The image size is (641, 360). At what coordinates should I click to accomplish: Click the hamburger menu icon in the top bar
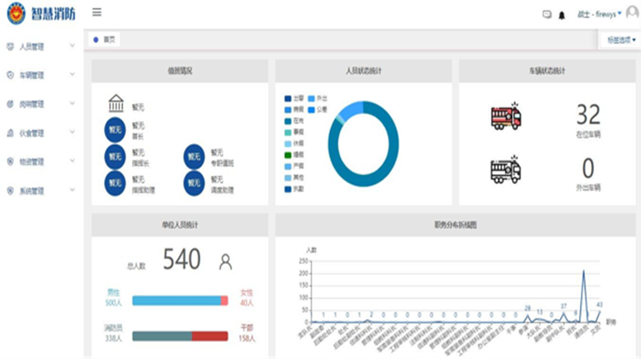pyautogui.click(x=97, y=12)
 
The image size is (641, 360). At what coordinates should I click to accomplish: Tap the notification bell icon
pyautogui.click(x=562, y=15)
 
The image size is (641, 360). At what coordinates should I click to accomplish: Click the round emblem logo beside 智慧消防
pyautogui.click(x=17, y=14)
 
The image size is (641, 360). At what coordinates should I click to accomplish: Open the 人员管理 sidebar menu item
pyautogui.click(x=32, y=46)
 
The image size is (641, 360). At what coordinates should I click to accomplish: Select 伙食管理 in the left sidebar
pyautogui.click(x=32, y=133)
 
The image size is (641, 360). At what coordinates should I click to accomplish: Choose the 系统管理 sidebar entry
pyautogui.click(x=32, y=191)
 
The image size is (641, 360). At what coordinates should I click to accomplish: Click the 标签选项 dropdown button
pyautogui.click(x=620, y=40)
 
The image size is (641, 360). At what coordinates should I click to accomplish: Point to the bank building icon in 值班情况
pyautogui.click(x=116, y=103)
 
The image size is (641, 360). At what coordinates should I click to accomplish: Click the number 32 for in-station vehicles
pyautogui.click(x=588, y=114)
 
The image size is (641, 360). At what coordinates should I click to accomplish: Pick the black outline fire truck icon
pyautogui.click(x=506, y=170)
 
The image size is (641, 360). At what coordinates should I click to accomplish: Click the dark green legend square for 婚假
pyautogui.click(x=288, y=155)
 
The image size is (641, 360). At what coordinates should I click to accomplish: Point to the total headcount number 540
pyautogui.click(x=182, y=260)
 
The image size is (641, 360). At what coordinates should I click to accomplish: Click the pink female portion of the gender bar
pyautogui.click(x=224, y=301)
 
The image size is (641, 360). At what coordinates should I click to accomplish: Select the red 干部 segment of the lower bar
pyautogui.click(x=210, y=336)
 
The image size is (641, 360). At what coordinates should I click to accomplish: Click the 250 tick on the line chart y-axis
pyautogui.click(x=303, y=261)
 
